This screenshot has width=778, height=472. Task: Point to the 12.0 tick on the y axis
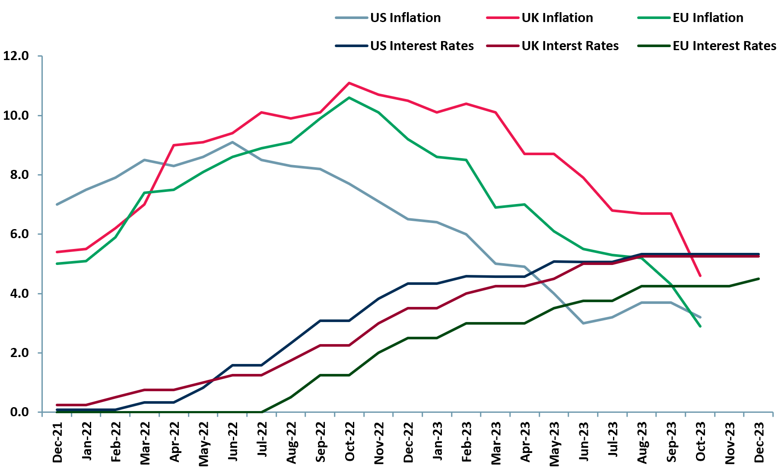[16, 56]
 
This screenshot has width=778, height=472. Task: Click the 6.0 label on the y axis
[16, 234]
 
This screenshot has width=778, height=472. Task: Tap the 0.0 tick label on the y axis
[16, 412]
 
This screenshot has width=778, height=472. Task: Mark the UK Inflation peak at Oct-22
[349, 83]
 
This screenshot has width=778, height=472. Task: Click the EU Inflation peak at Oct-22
[349, 98]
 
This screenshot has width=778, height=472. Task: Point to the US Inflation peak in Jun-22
[232, 142]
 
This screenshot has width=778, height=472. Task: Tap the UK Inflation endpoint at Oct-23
[700, 275]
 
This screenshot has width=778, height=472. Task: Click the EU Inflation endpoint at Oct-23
[700, 326]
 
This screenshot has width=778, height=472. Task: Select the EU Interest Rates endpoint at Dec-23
[759, 279]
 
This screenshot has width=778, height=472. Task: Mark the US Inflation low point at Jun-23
[583, 323]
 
